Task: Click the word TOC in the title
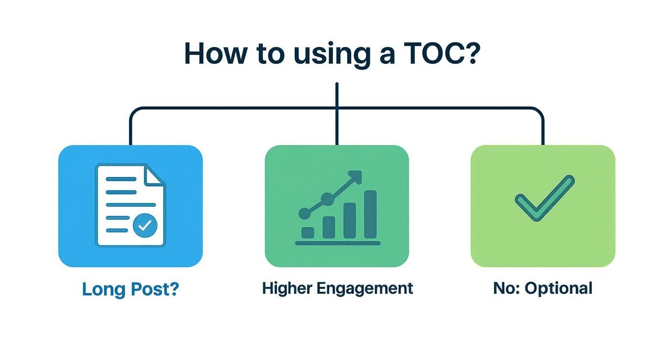[x=433, y=54]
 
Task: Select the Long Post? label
[x=130, y=289]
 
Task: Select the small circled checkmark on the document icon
[x=144, y=225]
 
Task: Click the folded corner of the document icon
[x=155, y=175]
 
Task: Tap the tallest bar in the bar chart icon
[x=370, y=214]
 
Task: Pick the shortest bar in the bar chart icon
[x=308, y=233]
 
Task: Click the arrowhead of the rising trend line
[x=356, y=176]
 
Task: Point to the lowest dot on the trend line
[x=304, y=214]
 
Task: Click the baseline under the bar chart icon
[x=338, y=243]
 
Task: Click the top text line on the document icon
[x=121, y=180]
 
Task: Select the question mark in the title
[x=471, y=54]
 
